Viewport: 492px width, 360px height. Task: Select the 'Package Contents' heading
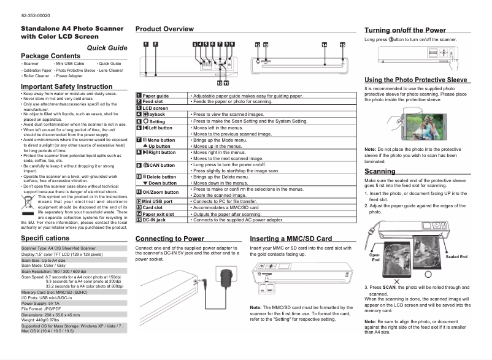(50, 56)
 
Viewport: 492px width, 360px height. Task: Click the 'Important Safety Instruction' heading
(67, 86)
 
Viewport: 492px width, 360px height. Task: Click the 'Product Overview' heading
(164, 29)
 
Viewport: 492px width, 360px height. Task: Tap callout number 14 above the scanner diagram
(324, 45)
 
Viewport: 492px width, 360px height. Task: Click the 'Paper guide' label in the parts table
(155, 96)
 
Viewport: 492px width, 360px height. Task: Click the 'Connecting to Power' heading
(169, 239)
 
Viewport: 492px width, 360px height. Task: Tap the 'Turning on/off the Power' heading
(405, 30)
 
